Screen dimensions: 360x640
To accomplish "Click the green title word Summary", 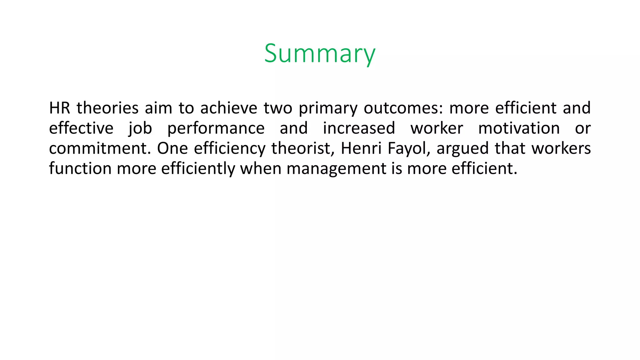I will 319,53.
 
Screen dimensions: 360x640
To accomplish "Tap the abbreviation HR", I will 59,108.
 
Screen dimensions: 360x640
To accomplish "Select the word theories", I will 107,108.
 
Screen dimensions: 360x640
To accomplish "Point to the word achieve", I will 229,108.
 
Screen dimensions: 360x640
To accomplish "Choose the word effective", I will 81,128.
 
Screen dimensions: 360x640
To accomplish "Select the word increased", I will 359,128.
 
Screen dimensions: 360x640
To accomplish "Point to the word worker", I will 437,128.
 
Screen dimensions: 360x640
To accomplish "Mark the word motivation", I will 519,128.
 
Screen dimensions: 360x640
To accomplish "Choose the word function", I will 80,169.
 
